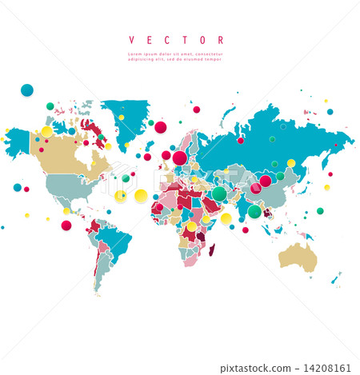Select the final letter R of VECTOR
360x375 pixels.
pyautogui.click(x=221, y=40)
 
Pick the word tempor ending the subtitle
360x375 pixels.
pyautogui.click(x=212, y=58)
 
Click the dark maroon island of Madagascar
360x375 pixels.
pyautogui.click(x=212, y=250)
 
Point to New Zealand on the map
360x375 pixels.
pyautogui.click(x=337, y=277)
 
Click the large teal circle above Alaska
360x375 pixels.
pyautogui.click(x=27, y=90)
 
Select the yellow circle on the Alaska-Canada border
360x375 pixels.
pyautogui.click(x=46, y=131)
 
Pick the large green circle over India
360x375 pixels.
pyautogui.click(x=254, y=211)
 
